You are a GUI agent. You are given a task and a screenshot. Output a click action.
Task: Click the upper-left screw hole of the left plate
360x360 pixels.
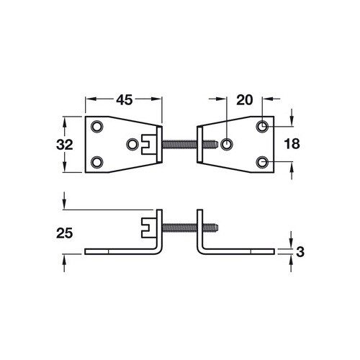pyautogui.click(x=98, y=127)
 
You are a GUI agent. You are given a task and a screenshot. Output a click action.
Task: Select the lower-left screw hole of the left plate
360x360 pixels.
pyautogui.click(x=98, y=161)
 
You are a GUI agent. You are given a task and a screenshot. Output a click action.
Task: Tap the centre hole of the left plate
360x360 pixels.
pyautogui.click(x=132, y=144)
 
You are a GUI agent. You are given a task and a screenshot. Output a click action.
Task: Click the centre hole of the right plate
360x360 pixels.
pyautogui.click(x=227, y=144)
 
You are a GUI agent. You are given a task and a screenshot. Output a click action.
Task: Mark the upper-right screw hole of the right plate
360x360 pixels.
pyautogui.click(x=264, y=127)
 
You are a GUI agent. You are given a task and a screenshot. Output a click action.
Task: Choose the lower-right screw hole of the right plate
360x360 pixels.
pyautogui.click(x=264, y=161)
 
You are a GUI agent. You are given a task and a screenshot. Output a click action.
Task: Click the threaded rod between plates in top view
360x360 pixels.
pyautogui.click(x=180, y=144)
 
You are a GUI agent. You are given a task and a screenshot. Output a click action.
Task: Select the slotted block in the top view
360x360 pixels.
pyautogui.click(x=150, y=144)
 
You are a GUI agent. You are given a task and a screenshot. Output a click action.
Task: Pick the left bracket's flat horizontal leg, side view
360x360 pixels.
pyautogui.click(x=119, y=251)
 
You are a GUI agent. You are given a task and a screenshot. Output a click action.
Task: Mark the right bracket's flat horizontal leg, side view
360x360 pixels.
pyautogui.click(x=241, y=251)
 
